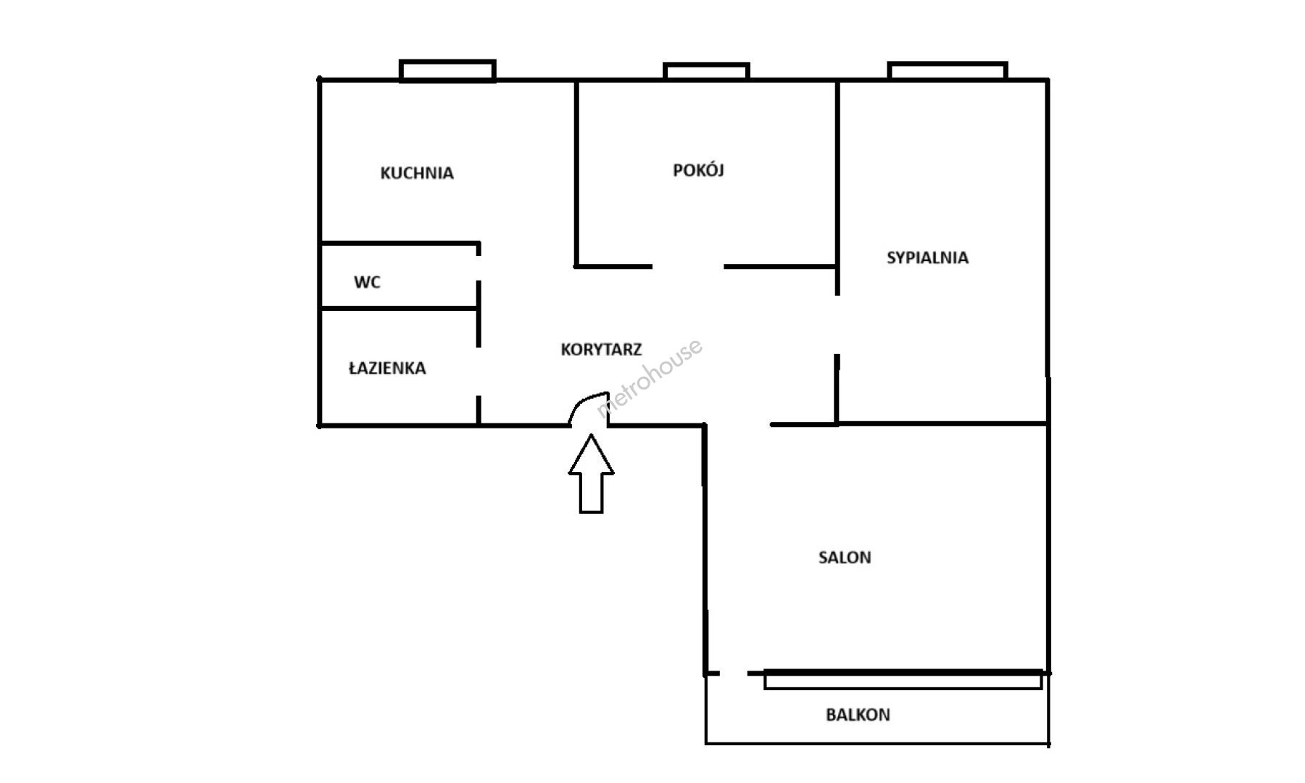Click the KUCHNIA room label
(x=417, y=173)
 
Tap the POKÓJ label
(x=699, y=170)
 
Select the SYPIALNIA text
(x=927, y=257)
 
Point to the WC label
(x=367, y=282)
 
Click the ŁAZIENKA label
(x=387, y=368)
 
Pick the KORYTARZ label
(x=601, y=349)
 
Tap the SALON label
(x=845, y=558)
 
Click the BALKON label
(x=858, y=715)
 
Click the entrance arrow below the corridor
(x=591, y=473)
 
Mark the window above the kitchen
(x=447, y=70)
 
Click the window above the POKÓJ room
(x=706, y=71)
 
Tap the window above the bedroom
(x=948, y=70)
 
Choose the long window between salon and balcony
(x=903, y=680)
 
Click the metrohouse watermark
(x=649, y=378)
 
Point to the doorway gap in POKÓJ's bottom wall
(x=688, y=266)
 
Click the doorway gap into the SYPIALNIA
(x=837, y=325)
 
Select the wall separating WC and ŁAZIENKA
(x=399, y=309)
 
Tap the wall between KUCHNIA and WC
(x=399, y=243)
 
